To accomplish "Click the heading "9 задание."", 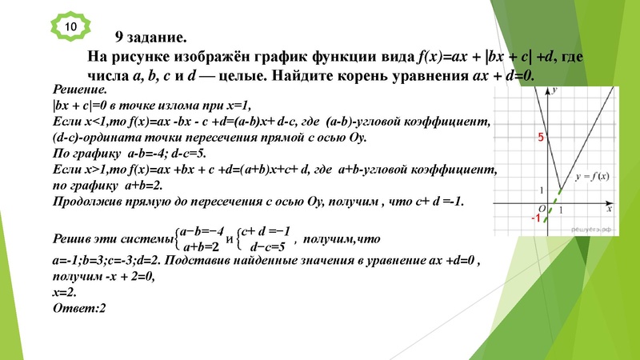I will tap(150, 37).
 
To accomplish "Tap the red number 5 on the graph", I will tap(541, 138).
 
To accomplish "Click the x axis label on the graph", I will tap(609, 209).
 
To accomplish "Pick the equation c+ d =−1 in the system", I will tap(269, 230).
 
